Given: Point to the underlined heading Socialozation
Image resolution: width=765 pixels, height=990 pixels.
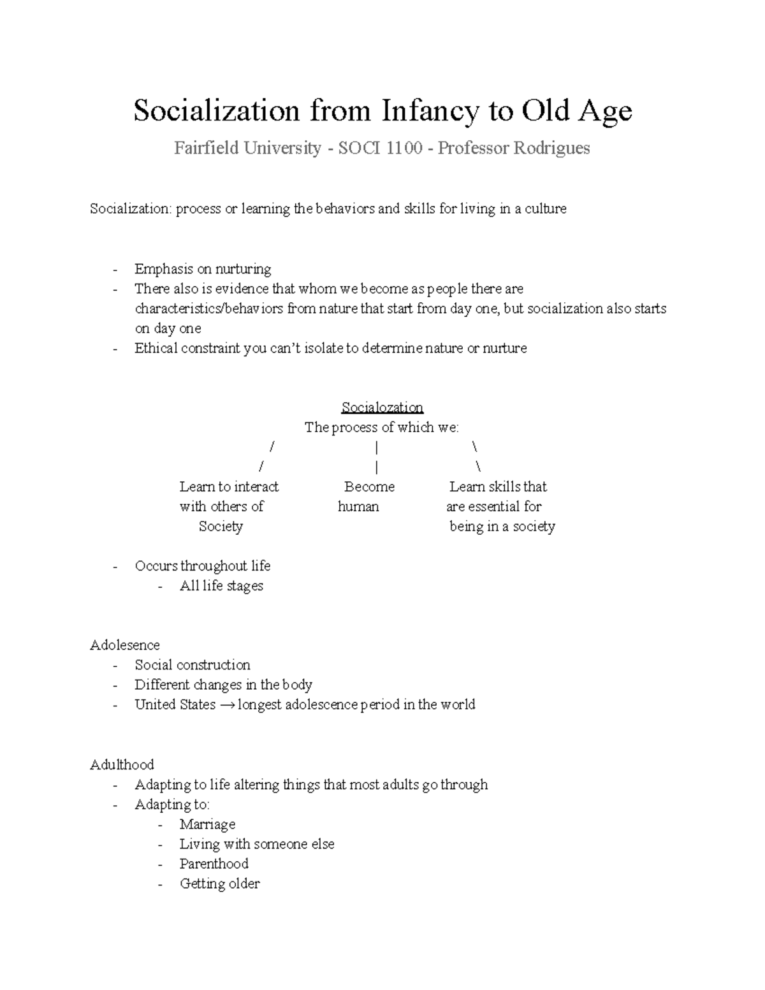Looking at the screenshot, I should (x=382, y=407).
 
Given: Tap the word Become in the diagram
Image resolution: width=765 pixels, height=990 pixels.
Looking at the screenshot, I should (x=369, y=487).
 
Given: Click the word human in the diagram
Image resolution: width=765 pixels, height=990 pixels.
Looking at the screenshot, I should (x=358, y=507).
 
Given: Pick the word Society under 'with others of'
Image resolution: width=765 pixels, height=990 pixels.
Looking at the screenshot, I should (x=221, y=527).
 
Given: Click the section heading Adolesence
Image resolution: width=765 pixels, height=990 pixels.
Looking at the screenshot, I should (x=125, y=645).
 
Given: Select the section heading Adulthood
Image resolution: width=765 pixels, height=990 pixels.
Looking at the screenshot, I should (x=122, y=764).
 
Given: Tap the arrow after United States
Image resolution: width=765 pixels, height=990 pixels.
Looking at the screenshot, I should (x=226, y=705).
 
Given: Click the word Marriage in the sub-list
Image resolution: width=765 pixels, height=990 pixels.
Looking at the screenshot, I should (x=207, y=824).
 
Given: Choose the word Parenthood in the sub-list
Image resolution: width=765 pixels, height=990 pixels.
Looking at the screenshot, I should (x=214, y=864).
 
